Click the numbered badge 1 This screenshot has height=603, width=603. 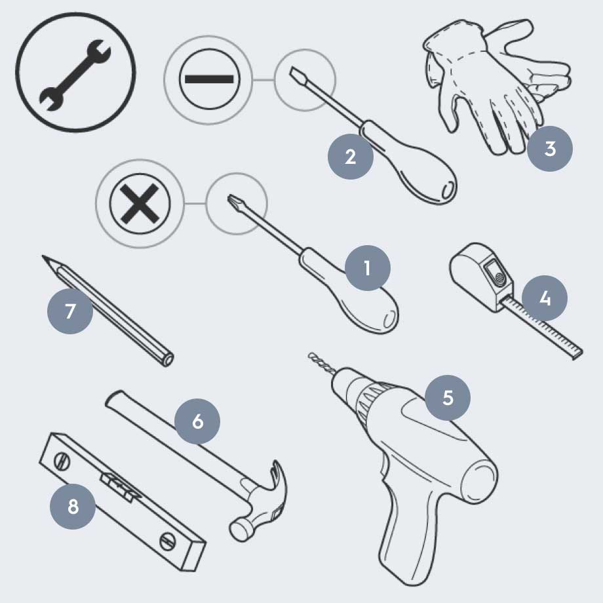click(368, 268)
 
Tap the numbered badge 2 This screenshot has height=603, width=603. click(351, 157)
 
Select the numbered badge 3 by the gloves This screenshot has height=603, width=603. click(550, 149)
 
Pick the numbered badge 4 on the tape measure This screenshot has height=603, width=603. click(545, 298)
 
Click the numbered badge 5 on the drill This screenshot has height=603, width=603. click(448, 398)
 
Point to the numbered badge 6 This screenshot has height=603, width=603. click(197, 421)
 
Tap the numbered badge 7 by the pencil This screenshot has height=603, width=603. click(70, 311)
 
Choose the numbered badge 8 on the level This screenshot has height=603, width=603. click(73, 507)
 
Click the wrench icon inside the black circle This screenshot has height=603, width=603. click(75, 75)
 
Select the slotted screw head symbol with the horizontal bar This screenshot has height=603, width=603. click(209, 79)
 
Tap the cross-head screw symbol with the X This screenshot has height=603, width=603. click(140, 203)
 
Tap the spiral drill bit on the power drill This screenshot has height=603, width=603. click(322, 362)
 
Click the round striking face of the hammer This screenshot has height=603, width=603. click(238, 531)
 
